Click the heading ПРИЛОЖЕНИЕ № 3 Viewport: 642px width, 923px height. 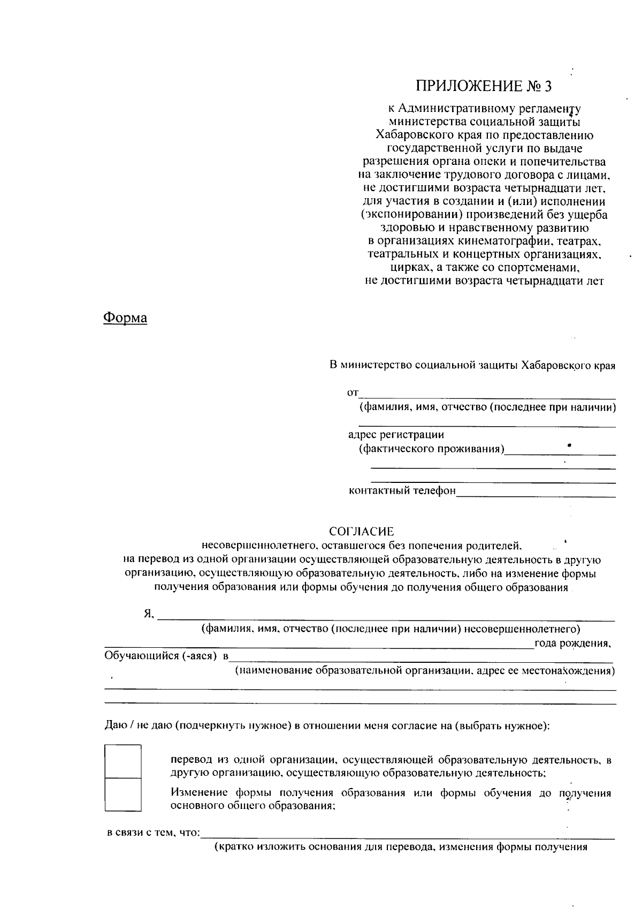[483, 86]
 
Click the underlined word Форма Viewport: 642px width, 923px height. [125, 318]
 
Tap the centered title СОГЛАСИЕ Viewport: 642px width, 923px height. [361, 532]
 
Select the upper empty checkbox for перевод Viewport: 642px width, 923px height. [123, 761]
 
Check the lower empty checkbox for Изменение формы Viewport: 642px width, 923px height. [123, 795]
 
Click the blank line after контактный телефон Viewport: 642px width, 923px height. [535, 495]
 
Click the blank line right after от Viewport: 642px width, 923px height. [487, 397]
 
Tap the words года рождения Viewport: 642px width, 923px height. [572, 643]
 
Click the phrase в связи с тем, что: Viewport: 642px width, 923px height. [154, 833]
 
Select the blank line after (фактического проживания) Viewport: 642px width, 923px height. [560, 453]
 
